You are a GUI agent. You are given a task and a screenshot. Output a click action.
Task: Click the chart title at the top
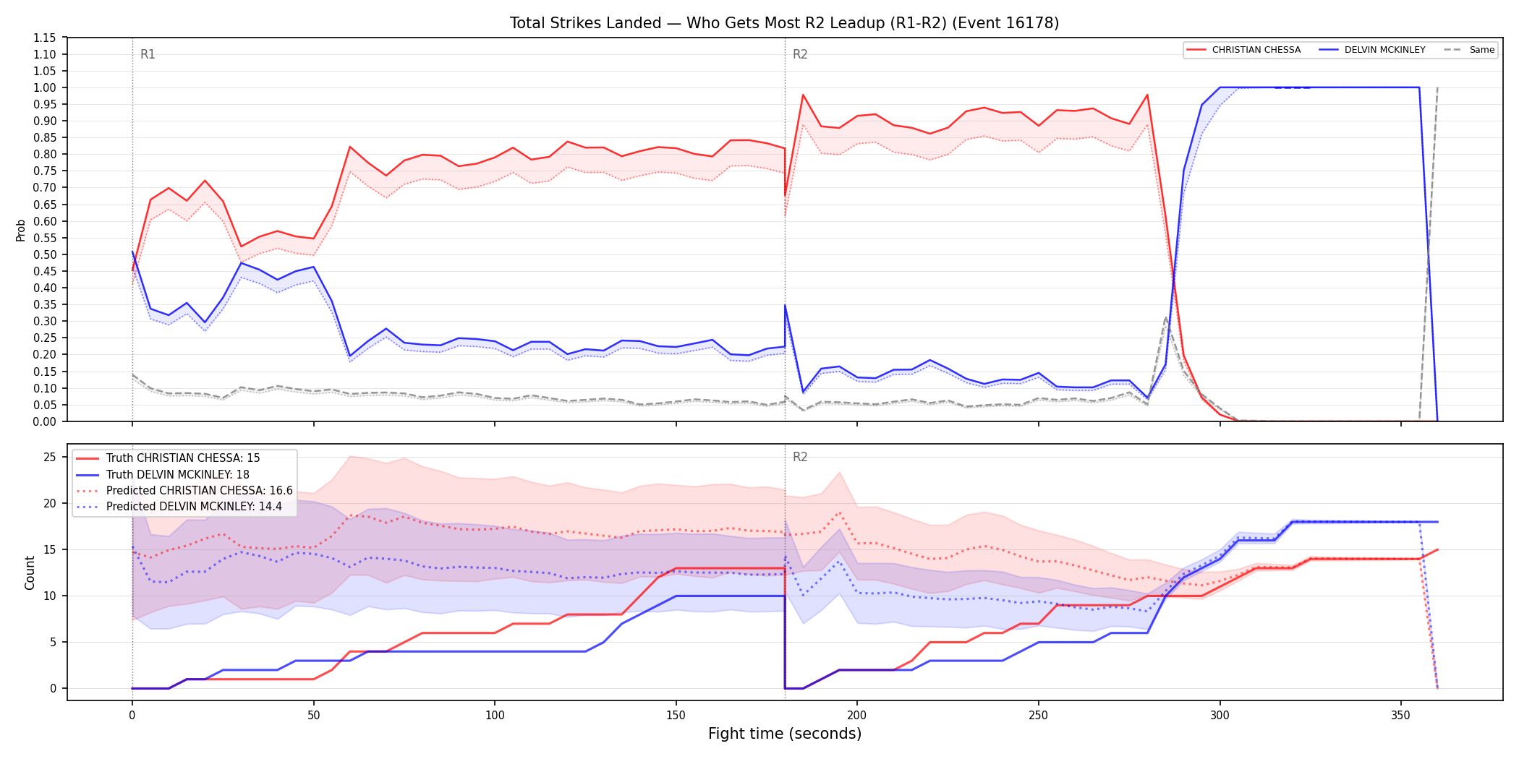click(784, 23)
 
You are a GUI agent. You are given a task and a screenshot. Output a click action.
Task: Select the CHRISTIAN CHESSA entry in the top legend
click(1243, 50)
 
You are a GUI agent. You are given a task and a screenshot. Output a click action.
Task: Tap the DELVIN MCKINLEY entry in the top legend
click(1372, 50)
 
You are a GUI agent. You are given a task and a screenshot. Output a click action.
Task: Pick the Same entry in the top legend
click(1469, 50)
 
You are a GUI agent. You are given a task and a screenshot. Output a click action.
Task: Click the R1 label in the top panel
click(148, 54)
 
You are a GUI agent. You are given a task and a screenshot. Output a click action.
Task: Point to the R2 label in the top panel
click(800, 54)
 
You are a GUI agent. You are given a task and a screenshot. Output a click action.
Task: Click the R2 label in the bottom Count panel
click(800, 457)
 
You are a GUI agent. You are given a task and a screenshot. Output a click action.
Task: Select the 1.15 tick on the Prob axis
click(45, 38)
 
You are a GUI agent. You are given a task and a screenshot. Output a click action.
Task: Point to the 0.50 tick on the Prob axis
click(45, 254)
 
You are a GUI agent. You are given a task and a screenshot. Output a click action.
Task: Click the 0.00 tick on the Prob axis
click(45, 421)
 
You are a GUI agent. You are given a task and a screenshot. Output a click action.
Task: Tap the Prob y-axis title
click(21, 230)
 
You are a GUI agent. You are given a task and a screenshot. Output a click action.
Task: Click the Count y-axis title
click(30, 573)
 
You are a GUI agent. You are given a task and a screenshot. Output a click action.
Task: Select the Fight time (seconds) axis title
click(785, 734)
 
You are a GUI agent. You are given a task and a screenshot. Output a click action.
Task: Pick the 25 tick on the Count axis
click(50, 457)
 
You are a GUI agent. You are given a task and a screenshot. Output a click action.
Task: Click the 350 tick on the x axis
click(1401, 715)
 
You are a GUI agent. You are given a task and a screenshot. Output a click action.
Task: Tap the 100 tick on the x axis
click(495, 715)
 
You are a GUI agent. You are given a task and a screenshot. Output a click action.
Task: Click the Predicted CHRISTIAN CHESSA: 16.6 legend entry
click(184, 490)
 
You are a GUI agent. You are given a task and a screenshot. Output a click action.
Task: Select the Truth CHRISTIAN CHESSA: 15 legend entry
click(168, 458)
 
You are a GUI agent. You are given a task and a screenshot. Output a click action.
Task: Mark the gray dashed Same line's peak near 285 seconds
click(1165, 317)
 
